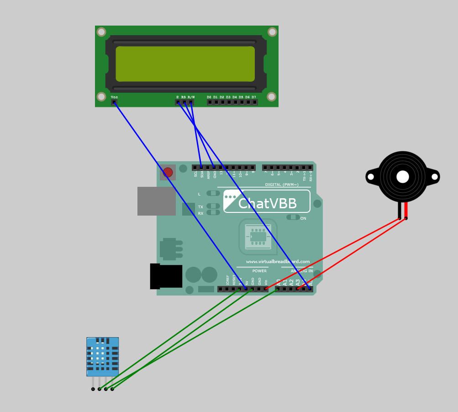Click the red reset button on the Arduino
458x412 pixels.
(x=168, y=172)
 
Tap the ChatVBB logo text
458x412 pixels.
(x=267, y=204)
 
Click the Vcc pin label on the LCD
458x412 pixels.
(x=114, y=97)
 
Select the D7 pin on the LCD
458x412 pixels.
(x=254, y=102)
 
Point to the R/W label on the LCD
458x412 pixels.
(x=191, y=97)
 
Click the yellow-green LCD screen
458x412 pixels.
(x=185, y=64)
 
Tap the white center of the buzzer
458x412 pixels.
(x=403, y=177)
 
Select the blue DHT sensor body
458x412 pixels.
(x=102, y=357)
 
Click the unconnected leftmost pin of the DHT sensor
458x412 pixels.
(x=93, y=389)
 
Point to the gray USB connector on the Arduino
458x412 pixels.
(x=156, y=201)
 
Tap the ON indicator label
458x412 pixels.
(x=303, y=218)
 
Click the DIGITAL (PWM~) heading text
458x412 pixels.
(x=282, y=185)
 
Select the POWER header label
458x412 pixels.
(x=259, y=271)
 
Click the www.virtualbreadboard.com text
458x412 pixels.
(x=278, y=262)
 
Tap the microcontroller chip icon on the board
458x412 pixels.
(x=258, y=237)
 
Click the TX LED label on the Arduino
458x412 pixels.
(x=200, y=207)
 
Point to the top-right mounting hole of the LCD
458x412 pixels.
(x=272, y=32)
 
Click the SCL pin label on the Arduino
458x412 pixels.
(x=196, y=174)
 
